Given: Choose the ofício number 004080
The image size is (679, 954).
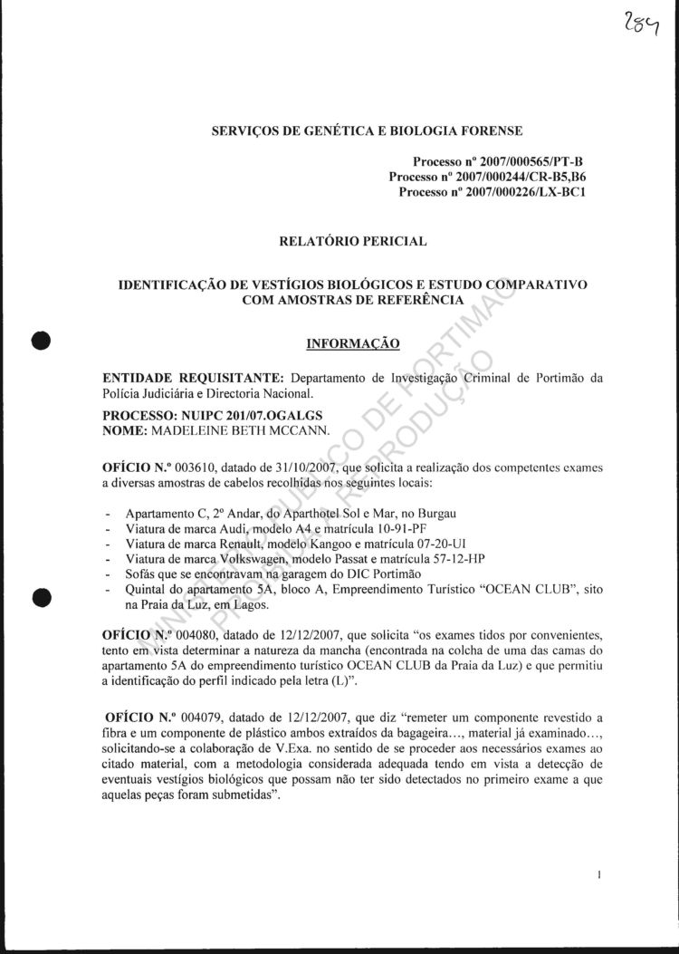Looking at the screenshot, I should click(x=189, y=626).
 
